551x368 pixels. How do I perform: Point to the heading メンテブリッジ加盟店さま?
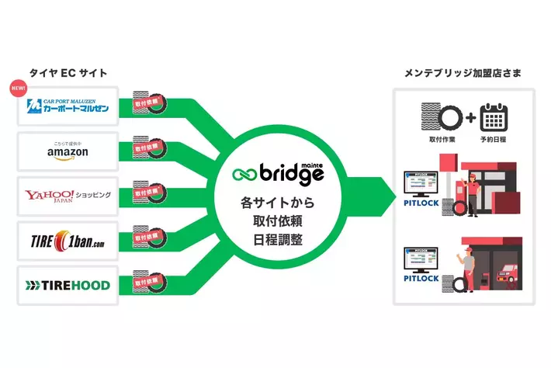click(x=463, y=73)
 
